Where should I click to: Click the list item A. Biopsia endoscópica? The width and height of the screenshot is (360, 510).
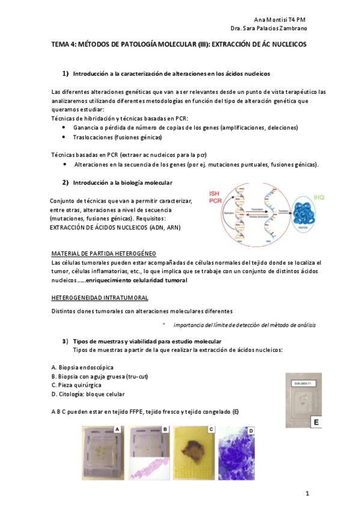(x=82, y=367)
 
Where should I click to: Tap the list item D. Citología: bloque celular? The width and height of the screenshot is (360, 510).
(x=88, y=394)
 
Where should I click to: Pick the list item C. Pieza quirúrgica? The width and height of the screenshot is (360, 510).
(x=76, y=385)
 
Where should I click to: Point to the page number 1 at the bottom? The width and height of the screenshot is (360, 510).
(x=307, y=494)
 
